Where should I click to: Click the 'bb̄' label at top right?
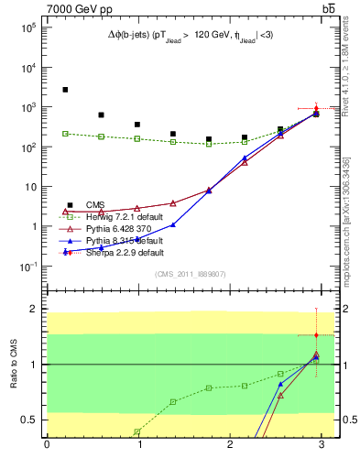(x=328, y=9)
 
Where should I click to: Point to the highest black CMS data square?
(x=65, y=90)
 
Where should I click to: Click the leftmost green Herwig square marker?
(x=65, y=134)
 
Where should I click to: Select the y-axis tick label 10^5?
(x=27, y=27)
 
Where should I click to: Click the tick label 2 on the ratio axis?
(x=33, y=309)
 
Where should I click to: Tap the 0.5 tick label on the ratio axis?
(x=28, y=420)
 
